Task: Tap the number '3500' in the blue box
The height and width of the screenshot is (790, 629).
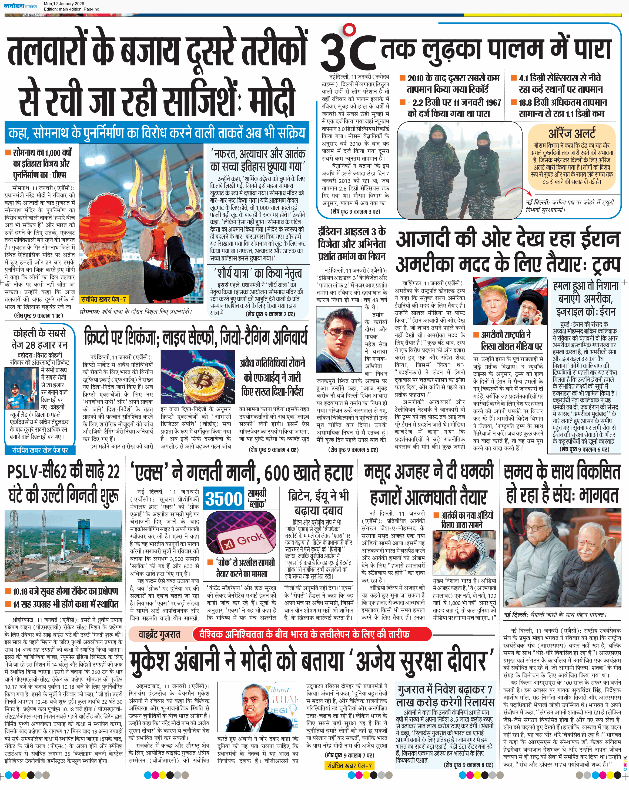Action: click(x=223, y=499)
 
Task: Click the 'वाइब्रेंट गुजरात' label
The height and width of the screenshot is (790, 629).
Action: click(x=159, y=634)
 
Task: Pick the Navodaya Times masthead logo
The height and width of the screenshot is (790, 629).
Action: click(x=20, y=6)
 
